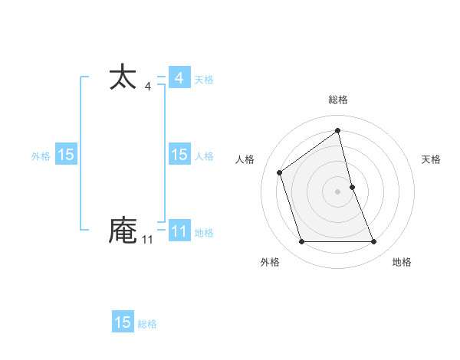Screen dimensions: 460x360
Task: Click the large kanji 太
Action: (123, 77)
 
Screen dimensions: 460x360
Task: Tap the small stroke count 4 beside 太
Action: (147, 87)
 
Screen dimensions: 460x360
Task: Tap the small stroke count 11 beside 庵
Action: (147, 240)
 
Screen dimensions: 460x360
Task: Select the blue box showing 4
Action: (179, 78)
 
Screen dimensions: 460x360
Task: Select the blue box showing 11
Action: (179, 231)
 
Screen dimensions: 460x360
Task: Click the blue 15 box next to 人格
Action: (179, 155)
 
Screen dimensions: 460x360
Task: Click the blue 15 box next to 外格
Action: (66, 155)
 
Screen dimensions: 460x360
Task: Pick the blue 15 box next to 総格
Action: (123, 322)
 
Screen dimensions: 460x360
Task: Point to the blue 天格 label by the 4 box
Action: (204, 79)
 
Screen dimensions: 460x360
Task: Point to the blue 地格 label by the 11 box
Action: (204, 232)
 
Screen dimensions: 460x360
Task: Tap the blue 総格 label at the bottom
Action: (147, 324)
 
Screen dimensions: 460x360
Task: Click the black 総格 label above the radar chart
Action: (338, 100)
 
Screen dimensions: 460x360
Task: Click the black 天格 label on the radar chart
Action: (431, 159)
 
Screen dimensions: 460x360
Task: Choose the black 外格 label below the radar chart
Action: (270, 262)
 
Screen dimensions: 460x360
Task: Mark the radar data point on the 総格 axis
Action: (338, 131)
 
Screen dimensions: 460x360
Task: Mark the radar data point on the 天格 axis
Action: (352, 186)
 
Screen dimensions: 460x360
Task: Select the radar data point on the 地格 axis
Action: (374, 242)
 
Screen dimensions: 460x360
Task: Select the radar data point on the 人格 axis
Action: (280, 172)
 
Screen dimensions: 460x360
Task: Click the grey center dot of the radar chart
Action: (338, 191)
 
